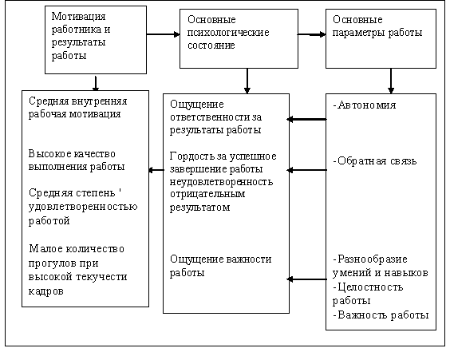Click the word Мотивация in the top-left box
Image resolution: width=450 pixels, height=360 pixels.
[78, 16]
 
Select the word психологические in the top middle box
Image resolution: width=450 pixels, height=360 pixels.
[228, 33]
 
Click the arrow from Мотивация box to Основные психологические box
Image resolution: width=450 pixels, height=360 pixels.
[163, 34]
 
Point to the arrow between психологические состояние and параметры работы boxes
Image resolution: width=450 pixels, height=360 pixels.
[312, 34]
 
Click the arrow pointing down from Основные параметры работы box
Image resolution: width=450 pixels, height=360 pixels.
[391, 81]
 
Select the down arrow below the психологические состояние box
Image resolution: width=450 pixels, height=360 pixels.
[247, 81]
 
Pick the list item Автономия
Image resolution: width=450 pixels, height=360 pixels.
[365, 105]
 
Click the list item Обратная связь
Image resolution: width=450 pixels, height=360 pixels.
[375, 161]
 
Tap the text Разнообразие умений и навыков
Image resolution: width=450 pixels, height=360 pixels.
[381, 266]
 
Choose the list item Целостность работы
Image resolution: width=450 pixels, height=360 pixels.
[368, 294]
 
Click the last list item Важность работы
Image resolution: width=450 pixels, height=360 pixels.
[381, 315]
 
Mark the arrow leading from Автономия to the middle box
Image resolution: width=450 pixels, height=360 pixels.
[307, 119]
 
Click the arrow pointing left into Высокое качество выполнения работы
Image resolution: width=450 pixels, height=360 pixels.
[156, 170]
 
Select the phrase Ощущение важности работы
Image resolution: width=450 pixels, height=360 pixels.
[220, 266]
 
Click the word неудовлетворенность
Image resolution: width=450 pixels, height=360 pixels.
[221, 182]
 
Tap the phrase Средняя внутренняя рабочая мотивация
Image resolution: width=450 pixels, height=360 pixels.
[77, 108]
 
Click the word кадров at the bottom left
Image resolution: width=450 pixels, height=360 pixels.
[46, 291]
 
